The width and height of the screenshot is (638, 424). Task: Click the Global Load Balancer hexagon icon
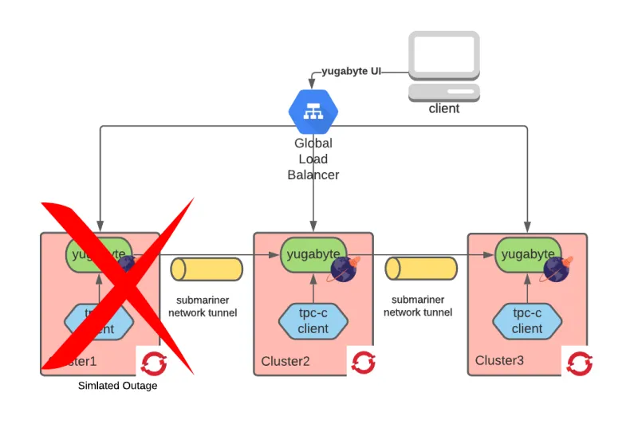coord(313,111)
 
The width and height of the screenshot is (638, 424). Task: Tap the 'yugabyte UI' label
coord(352,71)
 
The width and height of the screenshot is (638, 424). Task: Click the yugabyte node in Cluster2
coord(313,254)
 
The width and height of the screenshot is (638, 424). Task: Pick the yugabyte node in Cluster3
coord(526,254)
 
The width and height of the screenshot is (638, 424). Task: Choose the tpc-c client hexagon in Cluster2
coord(313,321)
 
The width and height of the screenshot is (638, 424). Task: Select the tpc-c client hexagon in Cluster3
coord(526,321)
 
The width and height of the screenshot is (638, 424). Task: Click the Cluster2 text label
coord(285,361)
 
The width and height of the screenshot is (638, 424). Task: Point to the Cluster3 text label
coord(499,361)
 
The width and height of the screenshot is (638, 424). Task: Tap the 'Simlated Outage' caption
coord(117,387)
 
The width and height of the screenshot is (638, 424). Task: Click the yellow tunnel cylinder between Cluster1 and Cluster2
coord(207,269)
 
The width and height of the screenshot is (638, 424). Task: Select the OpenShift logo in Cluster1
coord(151,363)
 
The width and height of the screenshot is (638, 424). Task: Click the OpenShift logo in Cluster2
coord(363,363)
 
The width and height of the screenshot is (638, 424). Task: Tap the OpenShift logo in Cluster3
coord(577,363)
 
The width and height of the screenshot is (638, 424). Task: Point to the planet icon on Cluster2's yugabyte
coord(344,268)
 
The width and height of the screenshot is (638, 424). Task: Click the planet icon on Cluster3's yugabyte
coord(557,268)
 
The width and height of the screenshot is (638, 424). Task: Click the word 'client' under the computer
coord(444,108)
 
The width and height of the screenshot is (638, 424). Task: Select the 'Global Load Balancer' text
coord(313,159)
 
